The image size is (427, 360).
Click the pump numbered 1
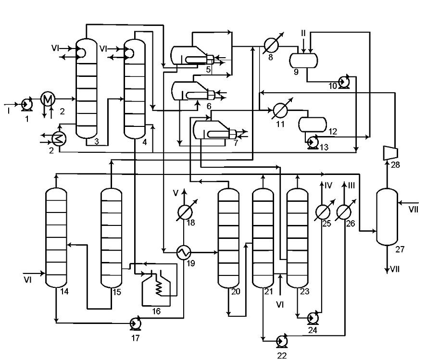(x=27, y=104)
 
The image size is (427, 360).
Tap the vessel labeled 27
(x=387, y=217)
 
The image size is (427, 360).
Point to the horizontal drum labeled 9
(x=303, y=60)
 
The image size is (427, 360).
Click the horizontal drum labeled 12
(x=313, y=124)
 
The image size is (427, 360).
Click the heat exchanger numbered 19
(x=184, y=252)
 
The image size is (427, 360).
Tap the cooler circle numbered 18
(x=185, y=212)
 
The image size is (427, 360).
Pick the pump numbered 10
(x=344, y=81)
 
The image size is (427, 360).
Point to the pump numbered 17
(x=135, y=323)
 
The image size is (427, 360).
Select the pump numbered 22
(x=282, y=341)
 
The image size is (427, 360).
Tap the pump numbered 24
(x=313, y=317)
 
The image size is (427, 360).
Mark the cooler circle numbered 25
(x=323, y=212)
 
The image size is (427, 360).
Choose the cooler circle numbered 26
(x=344, y=212)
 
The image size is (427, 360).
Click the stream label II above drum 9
(x=303, y=33)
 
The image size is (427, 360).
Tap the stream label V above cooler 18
(x=176, y=193)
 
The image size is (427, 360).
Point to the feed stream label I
(x=9, y=111)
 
